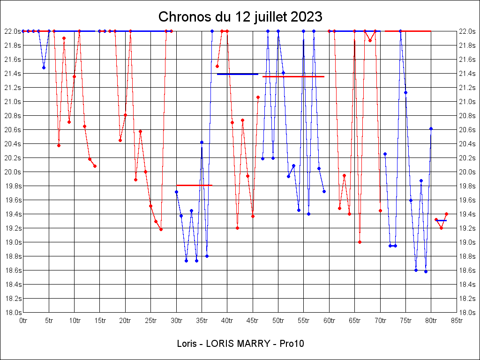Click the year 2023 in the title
pyautogui.click(x=306, y=17)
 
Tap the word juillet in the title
pyautogui.click(x=270, y=17)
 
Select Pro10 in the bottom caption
pyautogui.click(x=292, y=344)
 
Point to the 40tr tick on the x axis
pyautogui.click(x=227, y=320)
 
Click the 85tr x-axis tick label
pyautogui.click(x=457, y=320)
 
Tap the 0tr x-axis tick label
pyautogui.click(x=23, y=320)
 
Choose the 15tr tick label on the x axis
pyautogui.click(x=100, y=320)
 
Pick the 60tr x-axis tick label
pyautogui.click(x=329, y=320)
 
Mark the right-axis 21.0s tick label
pyautogui.click(x=468, y=101)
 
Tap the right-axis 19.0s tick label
pyautogui.click(x=468, y=242)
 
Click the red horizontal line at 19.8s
pyautogui.click(x=194, y=185)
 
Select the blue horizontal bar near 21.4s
pyautogui.click(x=238, y=74)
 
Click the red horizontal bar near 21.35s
pyautogui.click(x=293, y=76)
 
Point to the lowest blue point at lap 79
pyautogui.click(x=426, y=271)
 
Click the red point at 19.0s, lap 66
pyautogui.click(x=360, y=242)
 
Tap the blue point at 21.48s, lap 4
pyautogui.click(x=44, y=67)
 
